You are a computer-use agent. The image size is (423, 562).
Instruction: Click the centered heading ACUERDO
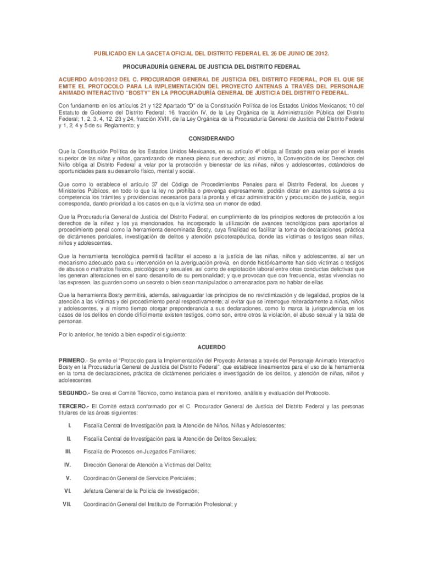[211, 347]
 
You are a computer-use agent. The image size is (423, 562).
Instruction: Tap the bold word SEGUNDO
[74, 393]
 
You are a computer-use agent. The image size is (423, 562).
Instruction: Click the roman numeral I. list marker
[69, 425]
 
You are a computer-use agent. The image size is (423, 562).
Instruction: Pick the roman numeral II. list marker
[69, 439]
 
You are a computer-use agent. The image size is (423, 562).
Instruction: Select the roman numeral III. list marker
[68, 451]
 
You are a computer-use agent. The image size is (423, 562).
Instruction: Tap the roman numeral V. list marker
[69, 477]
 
